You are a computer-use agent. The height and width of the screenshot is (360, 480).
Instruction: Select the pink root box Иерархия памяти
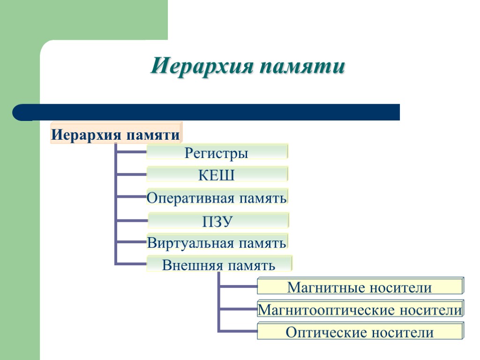(116, 135)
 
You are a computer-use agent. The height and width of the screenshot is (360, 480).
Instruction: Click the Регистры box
(217, 152)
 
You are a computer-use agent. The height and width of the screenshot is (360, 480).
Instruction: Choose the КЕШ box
(217, 175)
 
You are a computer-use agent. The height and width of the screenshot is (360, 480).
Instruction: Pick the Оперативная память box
(217, 197)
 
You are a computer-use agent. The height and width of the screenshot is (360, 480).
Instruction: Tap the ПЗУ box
(218, 220)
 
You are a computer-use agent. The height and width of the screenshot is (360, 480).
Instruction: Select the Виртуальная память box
(217, 243)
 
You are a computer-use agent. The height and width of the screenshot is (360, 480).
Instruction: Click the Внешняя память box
(219, 265)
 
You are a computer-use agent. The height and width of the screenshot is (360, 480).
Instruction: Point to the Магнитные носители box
(360, 286)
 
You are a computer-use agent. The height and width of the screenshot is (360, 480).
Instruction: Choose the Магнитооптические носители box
(360, 309)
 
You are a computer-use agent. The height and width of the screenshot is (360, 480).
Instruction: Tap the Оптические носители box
(360, 332)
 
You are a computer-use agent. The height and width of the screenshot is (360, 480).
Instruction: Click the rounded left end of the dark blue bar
(21, 112)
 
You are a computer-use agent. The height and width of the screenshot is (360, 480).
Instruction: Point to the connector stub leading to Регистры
(131, 152)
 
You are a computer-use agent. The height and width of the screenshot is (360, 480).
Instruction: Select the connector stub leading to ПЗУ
(131, 220)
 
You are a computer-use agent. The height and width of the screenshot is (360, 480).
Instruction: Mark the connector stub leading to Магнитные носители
(238, 286)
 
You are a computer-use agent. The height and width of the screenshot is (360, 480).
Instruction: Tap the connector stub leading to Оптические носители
(238, 331)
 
